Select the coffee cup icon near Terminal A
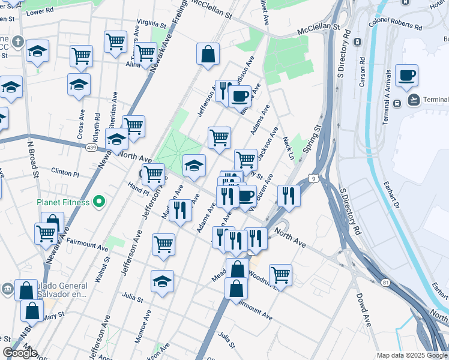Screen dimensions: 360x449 click(x=406, y=76)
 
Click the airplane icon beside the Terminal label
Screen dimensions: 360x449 click(x=414, y=99)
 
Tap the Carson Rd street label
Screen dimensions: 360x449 click(x=363, y=73)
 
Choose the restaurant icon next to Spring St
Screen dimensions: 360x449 click(x=289, y=196)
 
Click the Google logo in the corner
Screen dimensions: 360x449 click(x=20, y=353)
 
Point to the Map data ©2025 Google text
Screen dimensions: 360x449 click(x=412, y=355)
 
